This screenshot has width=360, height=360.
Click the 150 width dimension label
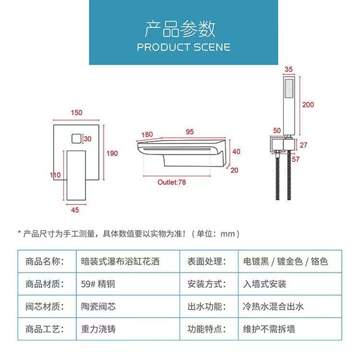[76, 113]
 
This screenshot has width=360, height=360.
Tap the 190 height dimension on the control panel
[112, 153]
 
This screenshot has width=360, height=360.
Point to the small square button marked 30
[76, 139]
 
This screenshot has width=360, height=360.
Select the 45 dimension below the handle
[75, 210]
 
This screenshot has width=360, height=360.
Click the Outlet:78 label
[171, 182]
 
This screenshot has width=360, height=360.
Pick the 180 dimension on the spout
[147, 135]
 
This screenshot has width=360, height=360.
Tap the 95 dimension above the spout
[190, 132]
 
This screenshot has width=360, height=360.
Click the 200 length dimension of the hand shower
[308, 105]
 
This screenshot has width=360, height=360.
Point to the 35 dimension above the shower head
[288, 69]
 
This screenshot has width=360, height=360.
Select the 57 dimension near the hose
[296, 159]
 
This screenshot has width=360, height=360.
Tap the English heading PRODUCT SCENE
[184, 47]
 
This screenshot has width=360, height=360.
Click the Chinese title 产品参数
[180, 29]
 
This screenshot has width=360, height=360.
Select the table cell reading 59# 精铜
[98, 284]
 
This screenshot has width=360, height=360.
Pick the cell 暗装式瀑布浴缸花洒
[120, 261]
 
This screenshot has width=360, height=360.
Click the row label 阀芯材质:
[45, 306]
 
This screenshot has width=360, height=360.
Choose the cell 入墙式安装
[265, 284]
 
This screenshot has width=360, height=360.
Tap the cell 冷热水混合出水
[273, 306]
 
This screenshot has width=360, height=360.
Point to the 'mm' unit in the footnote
[228, 234]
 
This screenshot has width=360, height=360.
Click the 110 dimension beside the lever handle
[55, 175]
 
